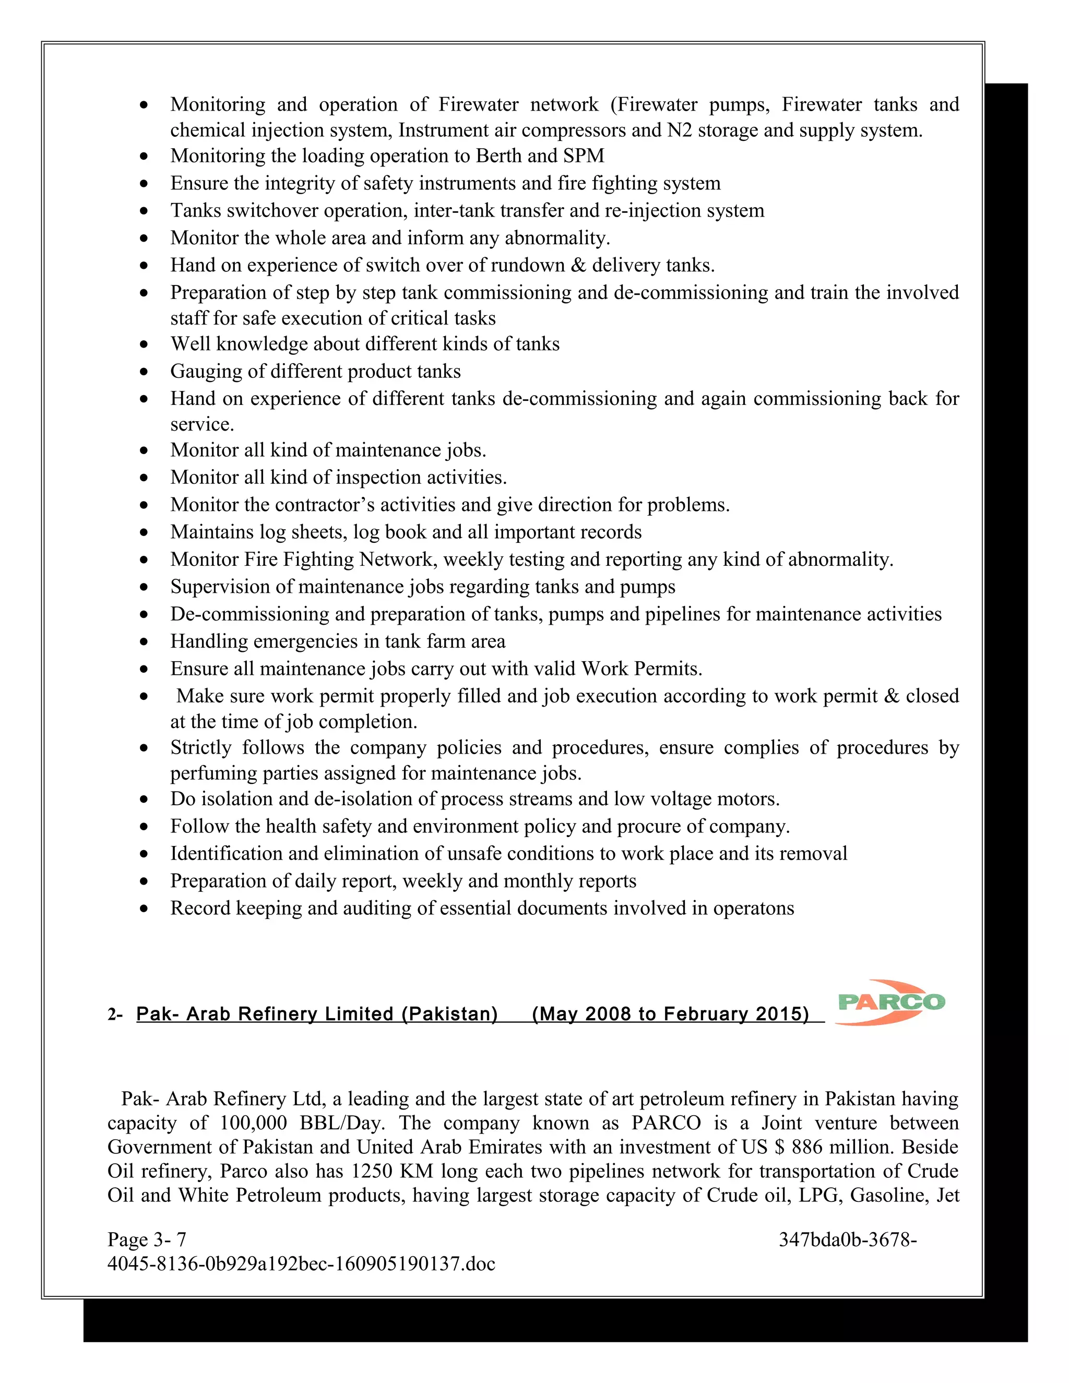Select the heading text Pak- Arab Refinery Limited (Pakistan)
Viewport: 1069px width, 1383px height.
(x=317, y=1014)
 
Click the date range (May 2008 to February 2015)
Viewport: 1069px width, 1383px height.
(x=671, y=1014)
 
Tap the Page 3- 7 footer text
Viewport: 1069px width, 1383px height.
(x=147, y=1239)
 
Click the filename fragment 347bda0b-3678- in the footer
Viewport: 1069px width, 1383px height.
(x=847, y=1239)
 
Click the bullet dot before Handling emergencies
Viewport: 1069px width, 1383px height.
(x=145, y=642)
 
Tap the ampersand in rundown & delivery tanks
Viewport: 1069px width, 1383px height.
(x=578, y=265)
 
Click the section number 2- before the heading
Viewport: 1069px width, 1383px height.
(x=115, y=1015)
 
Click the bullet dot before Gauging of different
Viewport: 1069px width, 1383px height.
(x=145, y=372)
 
